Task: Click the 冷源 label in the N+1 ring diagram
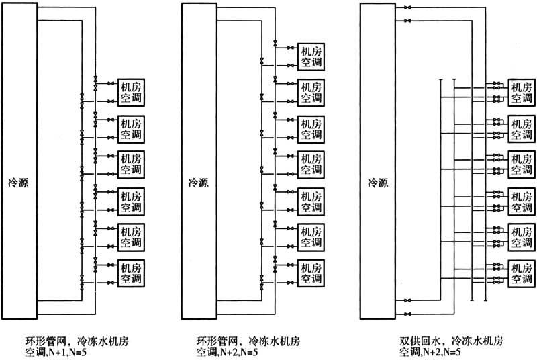point(18,183)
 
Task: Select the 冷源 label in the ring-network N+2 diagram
point(198,183)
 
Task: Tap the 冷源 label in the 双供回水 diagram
point(378,183)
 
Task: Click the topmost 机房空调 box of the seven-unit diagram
point(311,57)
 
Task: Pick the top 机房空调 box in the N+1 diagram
point(131,93)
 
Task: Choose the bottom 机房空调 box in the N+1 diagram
point(131,273)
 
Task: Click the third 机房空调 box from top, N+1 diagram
point(131,165)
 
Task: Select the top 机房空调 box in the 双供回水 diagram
point(522,93)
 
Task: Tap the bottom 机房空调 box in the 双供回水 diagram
point(522,273)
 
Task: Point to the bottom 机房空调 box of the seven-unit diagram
point(311,273)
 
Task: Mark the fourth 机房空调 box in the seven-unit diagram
point(311,165)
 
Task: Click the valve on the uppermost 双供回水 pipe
point(407,7)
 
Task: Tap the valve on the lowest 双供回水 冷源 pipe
point(407,314)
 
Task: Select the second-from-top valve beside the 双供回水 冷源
point(407,21)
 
